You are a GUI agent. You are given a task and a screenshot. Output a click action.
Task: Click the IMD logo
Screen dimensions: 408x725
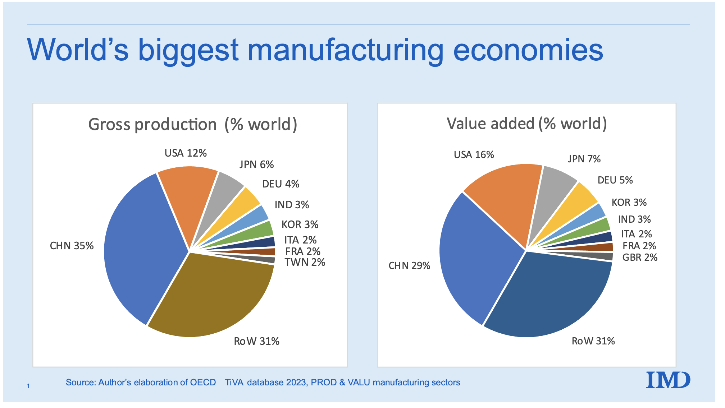coord(668,380)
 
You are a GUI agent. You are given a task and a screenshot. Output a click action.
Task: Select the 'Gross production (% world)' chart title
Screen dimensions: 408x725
coord(193,125)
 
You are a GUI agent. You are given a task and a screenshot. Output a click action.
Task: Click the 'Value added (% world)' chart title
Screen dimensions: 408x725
coord(526,124)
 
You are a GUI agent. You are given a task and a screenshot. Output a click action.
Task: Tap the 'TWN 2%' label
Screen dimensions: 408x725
coord(305,263)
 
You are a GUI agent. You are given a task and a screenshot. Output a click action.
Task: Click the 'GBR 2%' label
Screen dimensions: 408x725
coord(640,258)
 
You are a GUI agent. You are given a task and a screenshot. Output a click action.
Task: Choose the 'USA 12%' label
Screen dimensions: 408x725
coord(186,153)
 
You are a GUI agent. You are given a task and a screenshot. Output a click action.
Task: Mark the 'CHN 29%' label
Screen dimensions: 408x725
coord(409,266)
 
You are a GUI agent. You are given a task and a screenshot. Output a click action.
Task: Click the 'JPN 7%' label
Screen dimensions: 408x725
coord(584,159)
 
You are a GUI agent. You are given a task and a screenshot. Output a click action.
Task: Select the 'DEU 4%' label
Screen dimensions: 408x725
coord(281,184)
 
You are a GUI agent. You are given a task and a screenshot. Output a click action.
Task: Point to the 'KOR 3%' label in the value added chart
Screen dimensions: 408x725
coord(629,203)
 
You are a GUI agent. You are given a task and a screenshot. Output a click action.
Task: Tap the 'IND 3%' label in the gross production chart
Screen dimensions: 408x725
coord(292,205)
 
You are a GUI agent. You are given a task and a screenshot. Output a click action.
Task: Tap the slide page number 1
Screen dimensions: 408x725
coord(28,386)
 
